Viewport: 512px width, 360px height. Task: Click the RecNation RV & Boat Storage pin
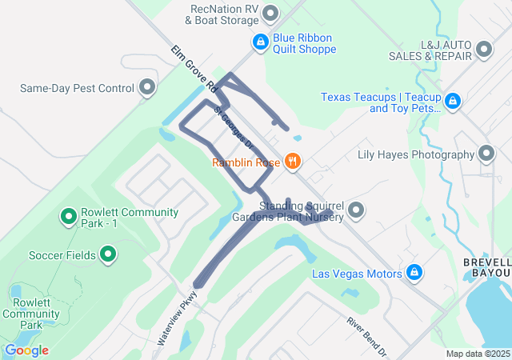pyautogui.click(x=270, y=13)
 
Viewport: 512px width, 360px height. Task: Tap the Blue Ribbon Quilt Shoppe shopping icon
pyautogui.click(x=260, y=41)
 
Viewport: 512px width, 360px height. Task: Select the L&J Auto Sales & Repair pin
pyautogui.click(x=483, y=50)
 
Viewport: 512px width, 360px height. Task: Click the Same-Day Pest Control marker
pyautogui.click(x=146, y=87)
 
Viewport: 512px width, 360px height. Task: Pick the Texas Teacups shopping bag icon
pyautogui.click(x=453, y=101)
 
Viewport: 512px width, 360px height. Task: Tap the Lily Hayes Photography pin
pyautogui.click(x=486, y=154)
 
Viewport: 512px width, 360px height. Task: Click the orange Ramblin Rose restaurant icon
pyautogui.click(x=293, y=162)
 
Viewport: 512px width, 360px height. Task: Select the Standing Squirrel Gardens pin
pyautogui.click(x=356, y=210)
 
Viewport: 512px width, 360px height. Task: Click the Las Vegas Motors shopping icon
pyautogui.click(x=414, y=273)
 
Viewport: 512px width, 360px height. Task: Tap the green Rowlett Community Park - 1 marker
pyautogui.click(x=69, y=216)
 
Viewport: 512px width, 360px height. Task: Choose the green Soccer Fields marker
pyautogui.click(x=109, y=255)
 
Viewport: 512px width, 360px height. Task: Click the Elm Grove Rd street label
pyautogui.click(x=194, y=67)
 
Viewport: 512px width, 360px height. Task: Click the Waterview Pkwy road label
pyautogui.click(x=176, y=317)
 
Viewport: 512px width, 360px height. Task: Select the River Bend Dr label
pyautogui.click(x=367, y=336)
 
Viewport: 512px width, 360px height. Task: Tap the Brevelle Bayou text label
pyautogui.click(x=486, y=267)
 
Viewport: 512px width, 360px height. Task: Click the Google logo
pyautogui.click(x=26, y=350)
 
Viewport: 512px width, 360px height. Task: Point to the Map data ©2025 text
pyautogui.click(x=478, y=354)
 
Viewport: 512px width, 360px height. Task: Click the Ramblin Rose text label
pyautogui.click(x=246, y=162)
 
